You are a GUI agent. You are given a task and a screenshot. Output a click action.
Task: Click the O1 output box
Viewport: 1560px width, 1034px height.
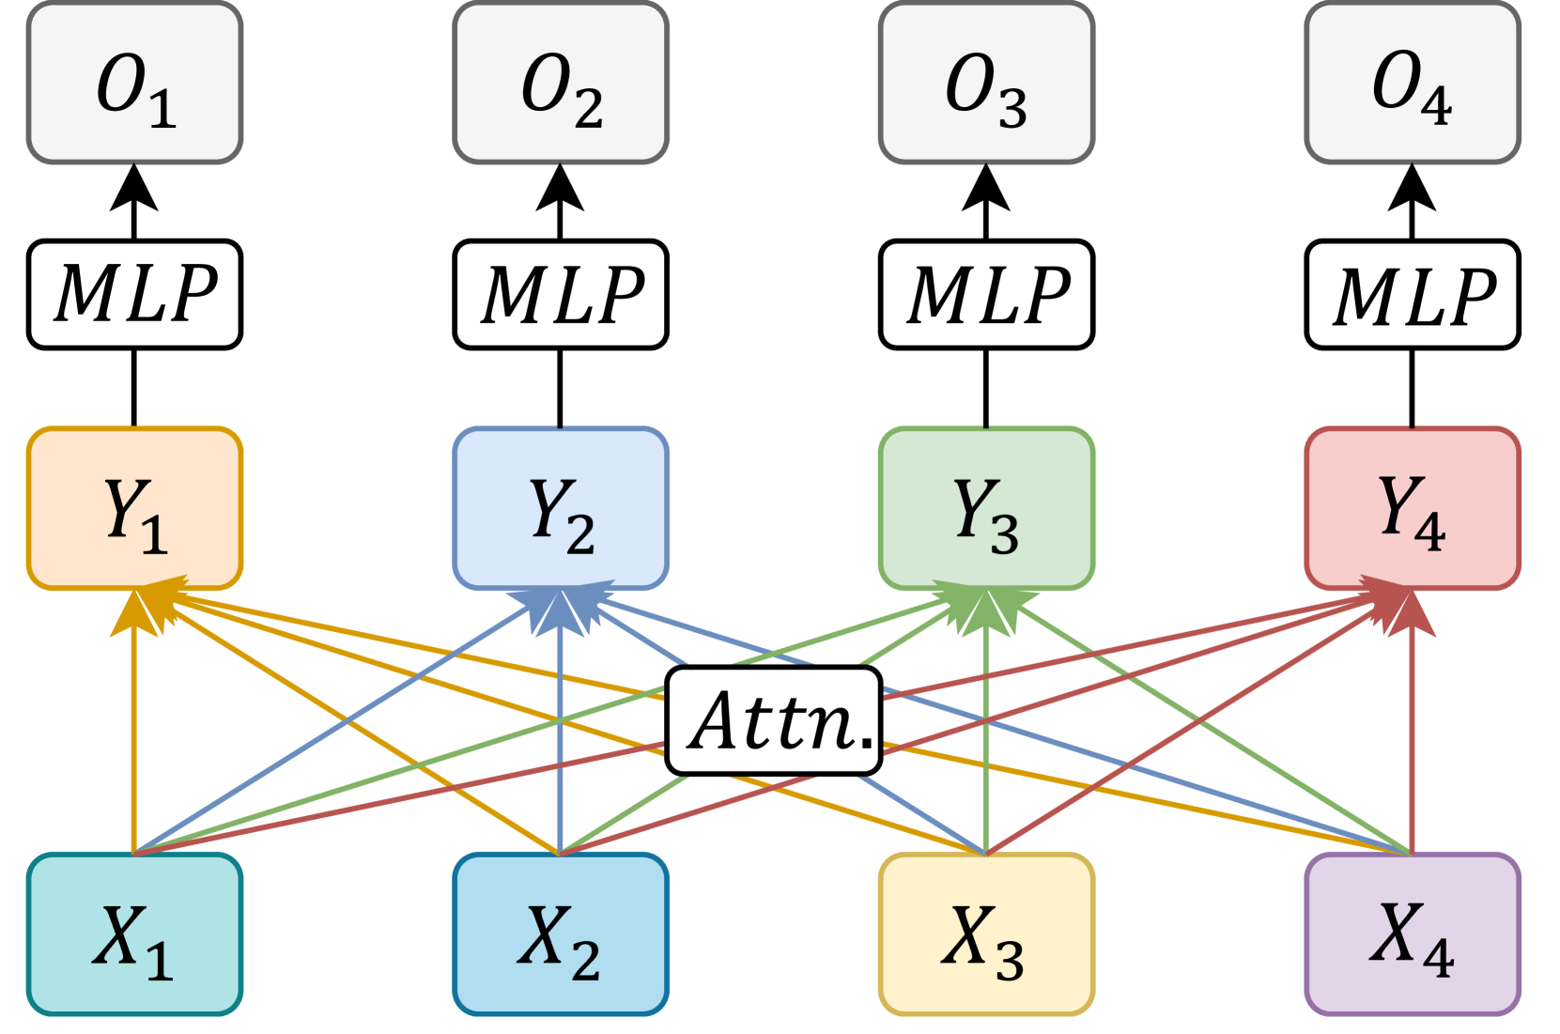click(x=134, y=83)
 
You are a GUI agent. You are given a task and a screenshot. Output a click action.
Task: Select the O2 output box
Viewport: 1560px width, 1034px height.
click(x=561, y=83)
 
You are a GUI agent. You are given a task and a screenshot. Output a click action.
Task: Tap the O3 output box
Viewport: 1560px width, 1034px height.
click(x=986, y=83)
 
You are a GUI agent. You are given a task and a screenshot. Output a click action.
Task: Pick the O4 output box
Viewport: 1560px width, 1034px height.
click(x=1412, y=83)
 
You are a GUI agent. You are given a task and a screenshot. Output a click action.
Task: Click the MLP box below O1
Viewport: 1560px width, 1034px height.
click(x=134, y=295)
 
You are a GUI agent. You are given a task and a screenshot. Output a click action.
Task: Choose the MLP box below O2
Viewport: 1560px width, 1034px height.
click(x=561, y=295)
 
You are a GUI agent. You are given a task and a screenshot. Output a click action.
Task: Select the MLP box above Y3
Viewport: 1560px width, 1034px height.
click(x=986, y=295)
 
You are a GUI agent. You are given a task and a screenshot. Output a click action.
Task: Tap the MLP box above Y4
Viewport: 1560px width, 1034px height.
click(x=1412, y=295)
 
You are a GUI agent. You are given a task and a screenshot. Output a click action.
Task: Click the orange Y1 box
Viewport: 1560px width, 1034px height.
click(x=134, y=508)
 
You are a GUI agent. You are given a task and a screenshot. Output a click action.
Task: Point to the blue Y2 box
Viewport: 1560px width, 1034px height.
click(x=561, y=508)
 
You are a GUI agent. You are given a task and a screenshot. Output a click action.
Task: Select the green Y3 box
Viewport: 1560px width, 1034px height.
click(x=986, y=508)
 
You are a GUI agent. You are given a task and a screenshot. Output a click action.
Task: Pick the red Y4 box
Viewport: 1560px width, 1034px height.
click(x=1412, y=508)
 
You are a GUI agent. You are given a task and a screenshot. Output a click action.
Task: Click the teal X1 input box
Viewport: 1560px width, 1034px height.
click(x=134, y=934)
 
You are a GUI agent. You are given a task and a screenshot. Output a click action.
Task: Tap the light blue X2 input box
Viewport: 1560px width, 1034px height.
click(x=561, y=934)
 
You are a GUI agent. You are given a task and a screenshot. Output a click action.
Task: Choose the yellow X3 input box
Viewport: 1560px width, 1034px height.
click(x=986, y=934)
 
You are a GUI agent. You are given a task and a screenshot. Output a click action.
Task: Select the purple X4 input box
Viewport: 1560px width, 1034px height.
click(x=1412, y=934)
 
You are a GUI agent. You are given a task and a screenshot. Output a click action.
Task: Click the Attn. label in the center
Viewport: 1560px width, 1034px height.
click(x=774, y=721)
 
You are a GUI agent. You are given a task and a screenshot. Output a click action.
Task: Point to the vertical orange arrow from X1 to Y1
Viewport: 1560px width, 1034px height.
click(x=133, y=742)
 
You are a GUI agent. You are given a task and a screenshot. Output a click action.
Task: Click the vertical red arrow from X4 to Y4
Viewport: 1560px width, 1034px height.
click(x=1413, y=742)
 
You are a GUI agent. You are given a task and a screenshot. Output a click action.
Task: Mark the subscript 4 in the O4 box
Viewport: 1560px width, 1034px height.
click(x=1436, y=106)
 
